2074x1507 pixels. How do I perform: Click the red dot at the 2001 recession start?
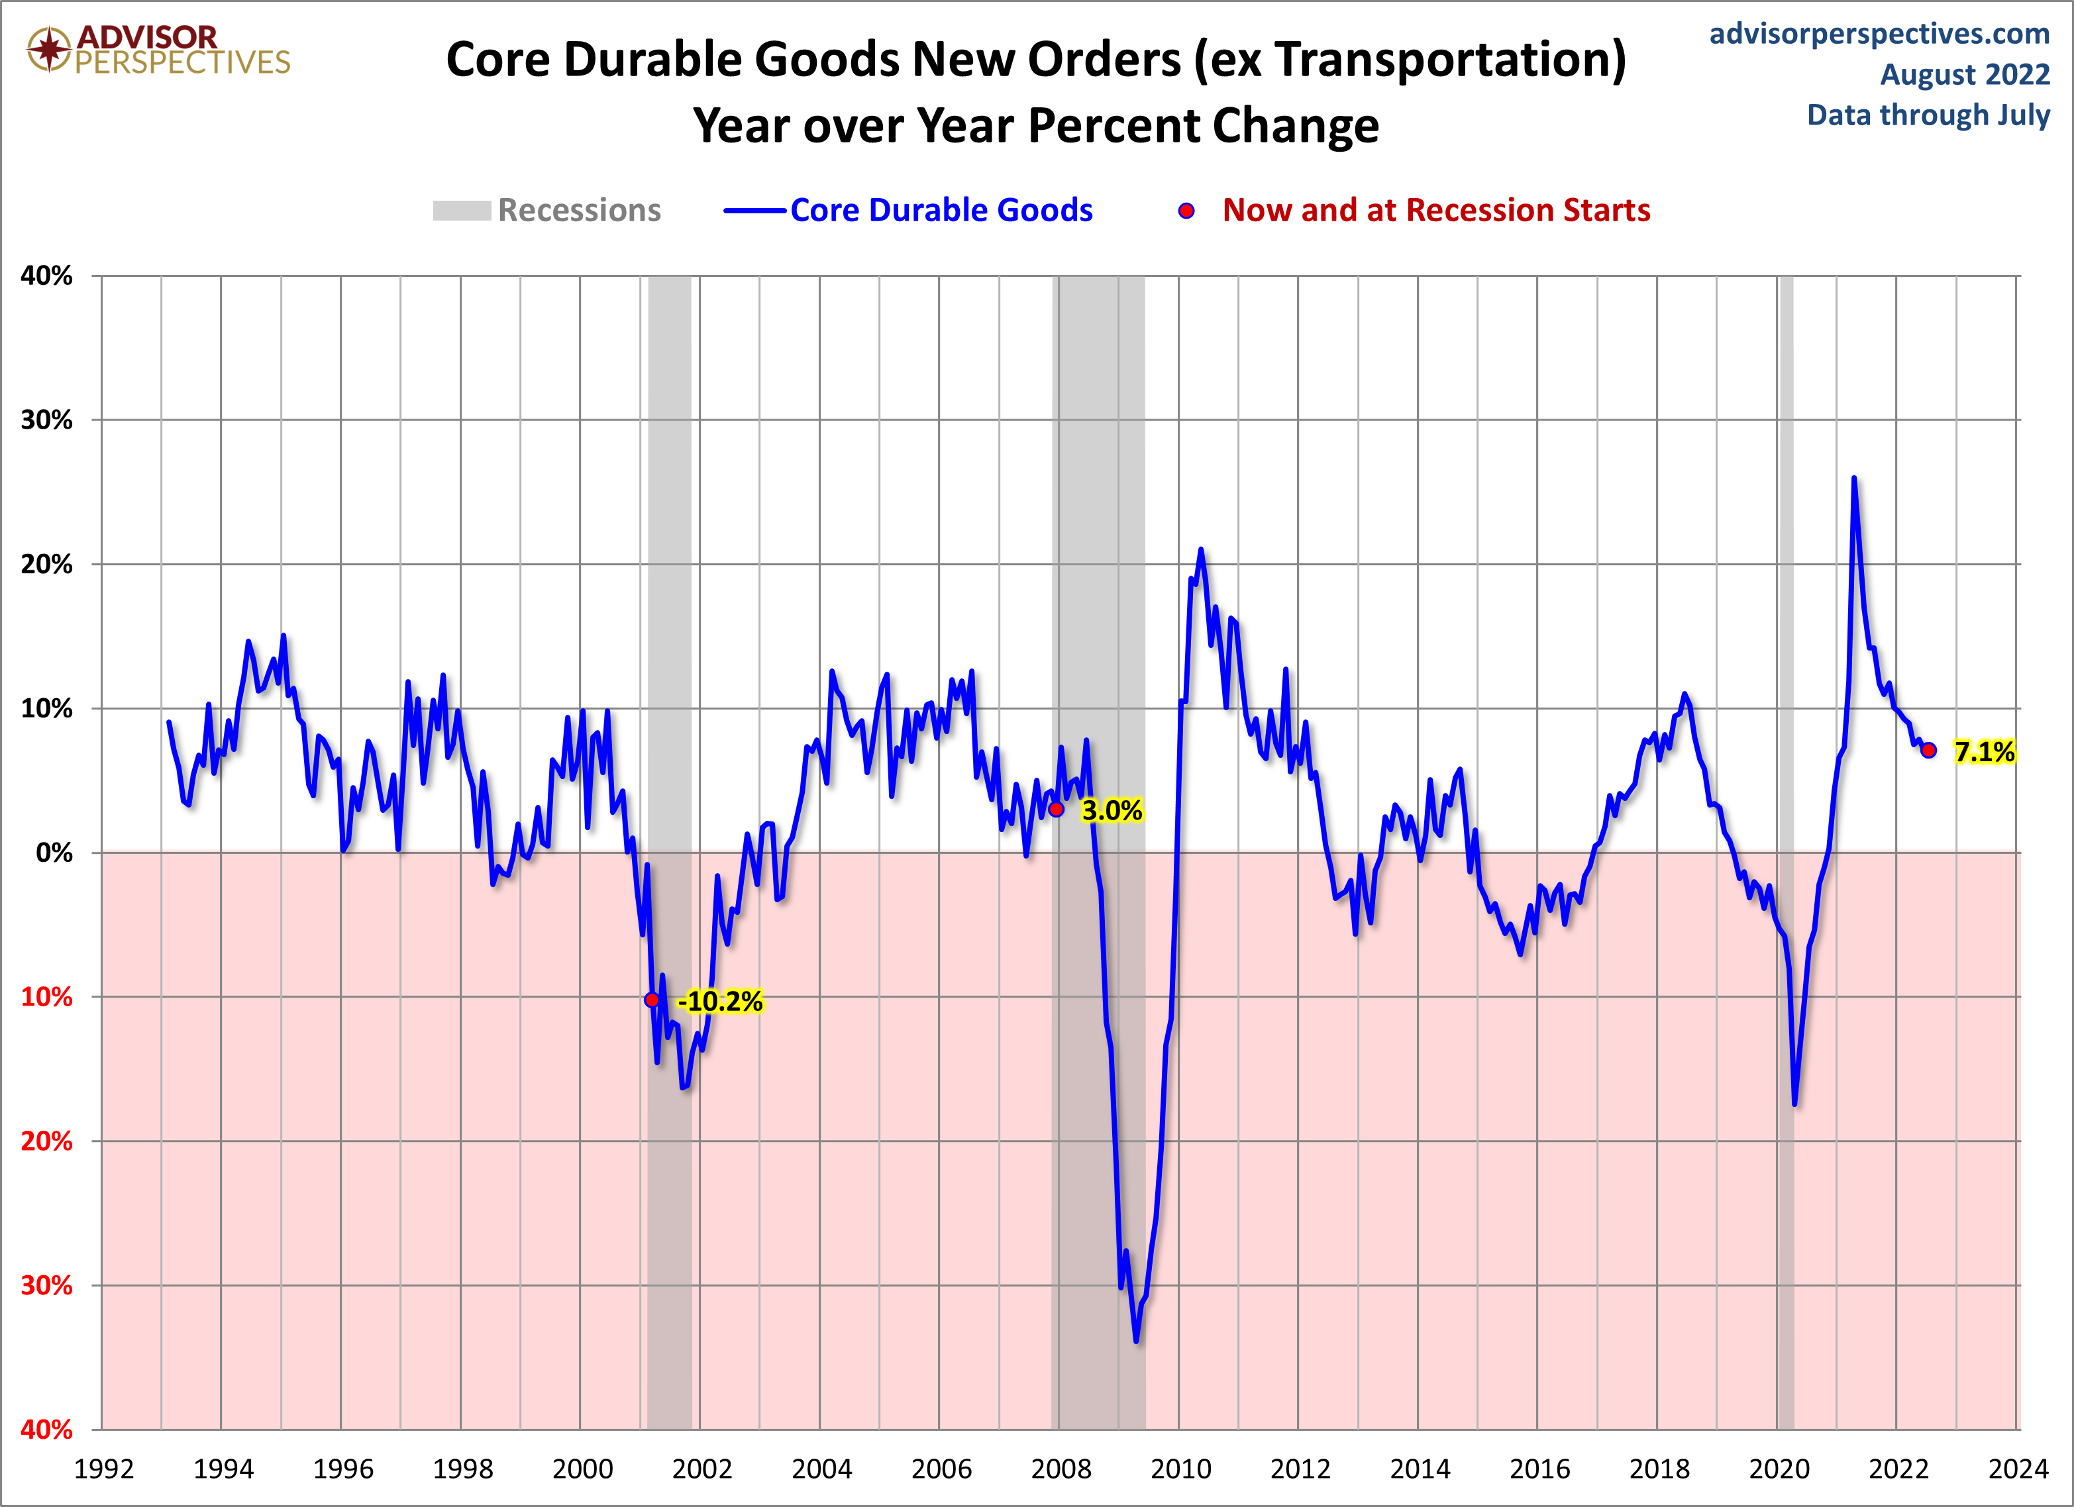(652, 1000)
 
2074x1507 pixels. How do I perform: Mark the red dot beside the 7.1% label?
(1928, 750)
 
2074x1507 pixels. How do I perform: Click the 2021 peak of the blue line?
(1853, 478)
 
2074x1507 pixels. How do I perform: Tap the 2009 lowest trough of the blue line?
(1136, 1341)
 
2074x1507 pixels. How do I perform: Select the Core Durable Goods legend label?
(941, 211)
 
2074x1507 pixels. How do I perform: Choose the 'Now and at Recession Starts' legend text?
(1435, 211)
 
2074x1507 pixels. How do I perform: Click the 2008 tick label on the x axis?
(1061, 1469)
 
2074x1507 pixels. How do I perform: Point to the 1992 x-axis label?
(103, 1469)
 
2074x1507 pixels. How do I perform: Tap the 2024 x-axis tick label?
(2017, 1469)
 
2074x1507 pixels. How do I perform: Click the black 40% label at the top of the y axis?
(46, 276)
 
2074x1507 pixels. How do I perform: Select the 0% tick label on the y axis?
(54, 853)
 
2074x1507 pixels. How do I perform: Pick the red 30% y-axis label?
(46, 1285)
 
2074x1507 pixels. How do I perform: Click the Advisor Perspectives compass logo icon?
(48, 48)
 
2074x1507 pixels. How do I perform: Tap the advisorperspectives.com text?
(1879, 34)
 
